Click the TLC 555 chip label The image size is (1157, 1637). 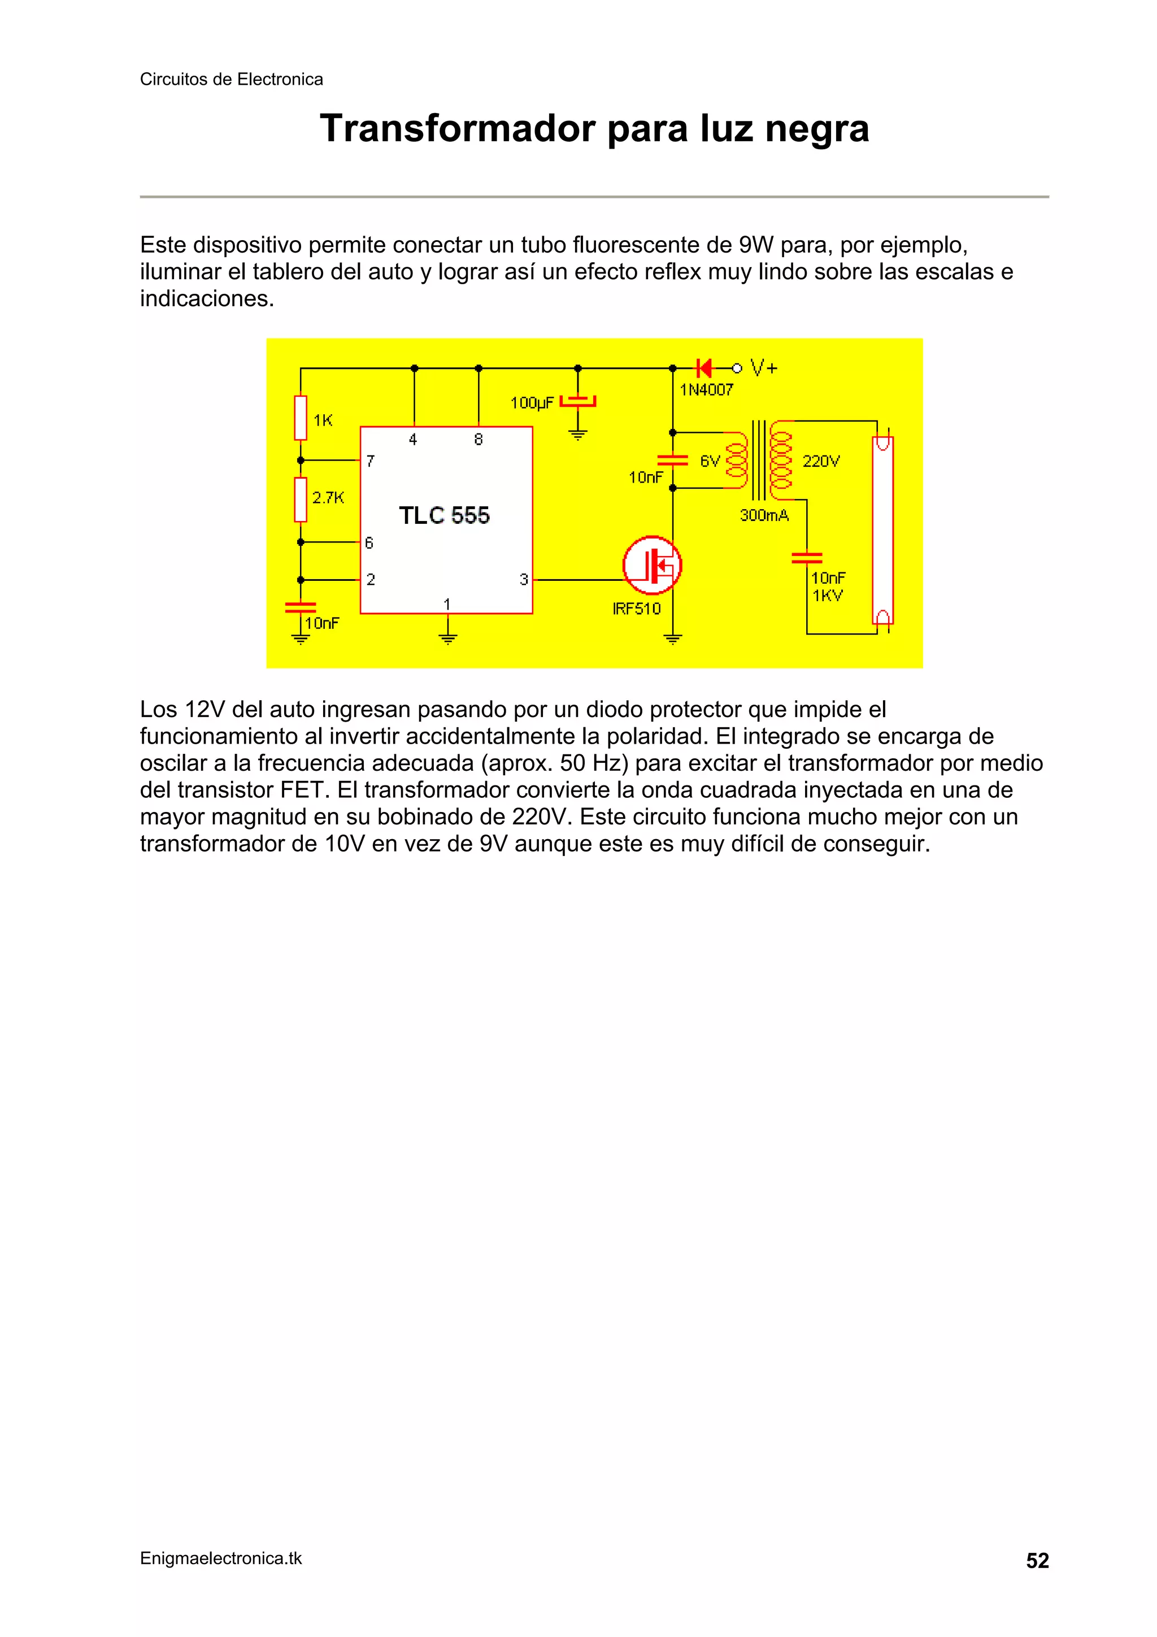[444, 515]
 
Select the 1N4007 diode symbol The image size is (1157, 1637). [704, 368]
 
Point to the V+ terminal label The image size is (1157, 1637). [764, 368]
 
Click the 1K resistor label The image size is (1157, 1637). [323, 420]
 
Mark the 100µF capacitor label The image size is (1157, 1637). [532, 403]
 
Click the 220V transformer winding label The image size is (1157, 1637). [821, 461]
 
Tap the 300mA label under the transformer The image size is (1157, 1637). [764, 515]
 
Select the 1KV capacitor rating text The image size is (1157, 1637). [828, 596]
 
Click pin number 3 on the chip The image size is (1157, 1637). [524, 580]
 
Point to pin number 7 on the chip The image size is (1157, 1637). [371, 461]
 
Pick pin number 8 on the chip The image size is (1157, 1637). [479, 440]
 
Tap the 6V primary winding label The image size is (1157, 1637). [710, 461]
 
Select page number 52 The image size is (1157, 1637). [1037, 1561]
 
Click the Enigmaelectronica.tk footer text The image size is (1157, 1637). [221, 1558]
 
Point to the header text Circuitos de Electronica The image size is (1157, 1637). [231, 79]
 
